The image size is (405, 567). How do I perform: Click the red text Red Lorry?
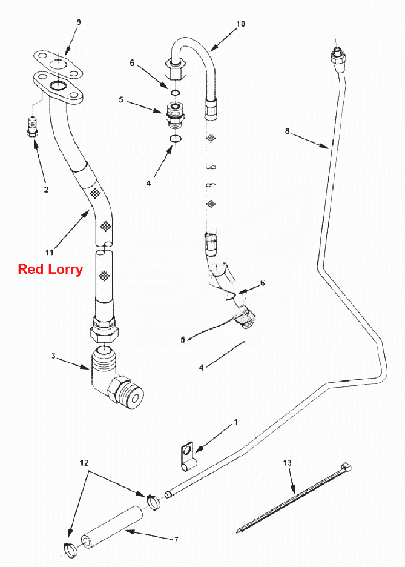point(51,270)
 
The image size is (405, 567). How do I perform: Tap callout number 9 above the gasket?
point(79,22)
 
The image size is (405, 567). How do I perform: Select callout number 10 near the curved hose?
point(240,24)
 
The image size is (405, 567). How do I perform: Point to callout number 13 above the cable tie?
point(287,463)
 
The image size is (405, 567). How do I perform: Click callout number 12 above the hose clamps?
point(84,463)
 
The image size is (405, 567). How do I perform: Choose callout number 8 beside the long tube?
point(287,131)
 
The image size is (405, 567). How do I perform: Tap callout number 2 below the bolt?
point(46,189)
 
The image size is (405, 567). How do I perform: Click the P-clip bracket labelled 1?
point(188,457)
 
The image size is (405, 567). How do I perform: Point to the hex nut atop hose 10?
point(175,68)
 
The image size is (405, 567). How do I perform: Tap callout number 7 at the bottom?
point(176,540)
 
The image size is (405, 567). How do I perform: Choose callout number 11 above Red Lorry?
point(49,252)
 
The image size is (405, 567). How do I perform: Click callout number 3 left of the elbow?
point(53,356)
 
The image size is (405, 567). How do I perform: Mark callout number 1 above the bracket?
point(236,422)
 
